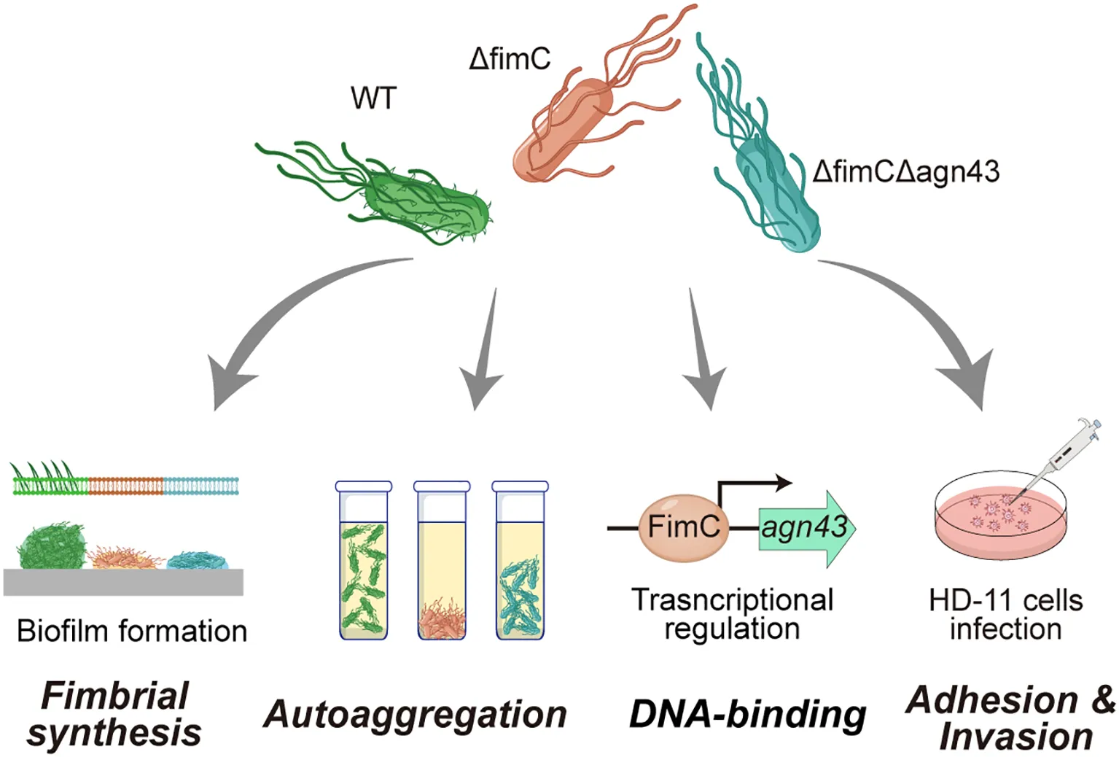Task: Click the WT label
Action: (x=373, y=98)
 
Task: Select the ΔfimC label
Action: (x=510, y=58)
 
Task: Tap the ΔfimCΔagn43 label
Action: (x=906, y=172)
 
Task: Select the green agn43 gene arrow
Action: (x=806, y=527)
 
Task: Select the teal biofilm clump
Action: (x=197, y=560)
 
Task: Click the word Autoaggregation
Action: (x=416, y=715)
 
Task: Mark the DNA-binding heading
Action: (x=747, y=715)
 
